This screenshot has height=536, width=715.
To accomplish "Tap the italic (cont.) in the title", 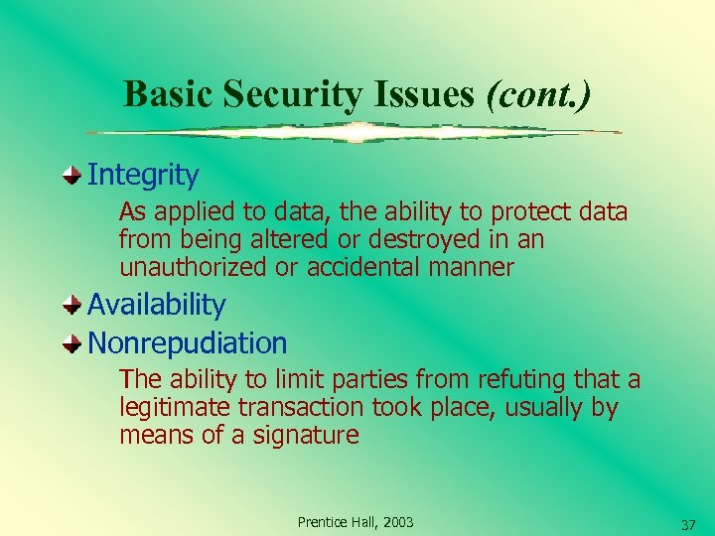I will [x=538, y=94].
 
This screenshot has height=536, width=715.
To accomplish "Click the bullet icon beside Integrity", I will [x=72, y=176].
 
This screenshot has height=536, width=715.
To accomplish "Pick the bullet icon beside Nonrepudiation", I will [x=72, y=343].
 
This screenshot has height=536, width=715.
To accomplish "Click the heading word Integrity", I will [x=143, y=176].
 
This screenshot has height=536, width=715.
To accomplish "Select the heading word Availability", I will [x=157, y=305].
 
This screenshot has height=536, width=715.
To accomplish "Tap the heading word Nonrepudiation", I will [x=188, y=343].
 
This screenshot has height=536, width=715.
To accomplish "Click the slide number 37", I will [x=688, y=523].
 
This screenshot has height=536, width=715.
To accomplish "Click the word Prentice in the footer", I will [x=321, y=522].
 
